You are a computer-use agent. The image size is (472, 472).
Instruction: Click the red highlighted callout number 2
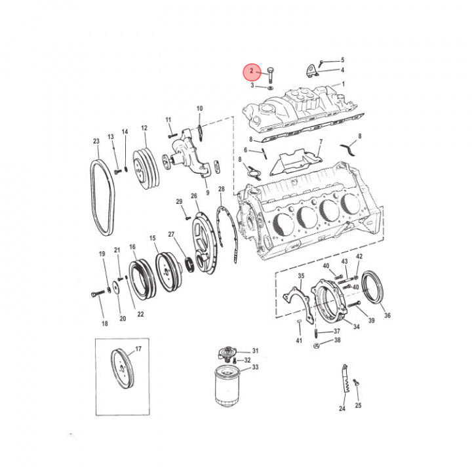(252, 71)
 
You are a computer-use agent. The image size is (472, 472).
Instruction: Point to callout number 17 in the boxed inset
(138, 349)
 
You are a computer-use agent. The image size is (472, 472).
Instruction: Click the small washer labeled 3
(270, 88)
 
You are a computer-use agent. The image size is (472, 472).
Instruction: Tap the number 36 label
(387, 315)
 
